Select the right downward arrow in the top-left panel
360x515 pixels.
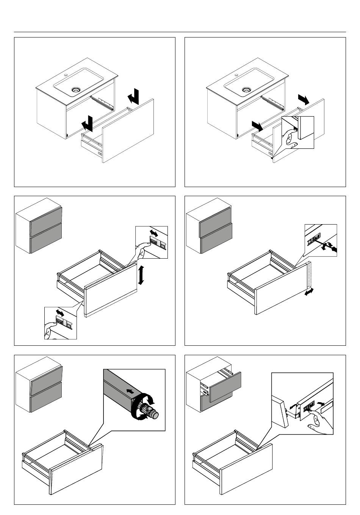click(133, 96)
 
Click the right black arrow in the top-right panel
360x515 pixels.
click(304, 99)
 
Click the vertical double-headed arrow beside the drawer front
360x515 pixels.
click(141, 275)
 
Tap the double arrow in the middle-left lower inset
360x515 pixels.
click(60, 313)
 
